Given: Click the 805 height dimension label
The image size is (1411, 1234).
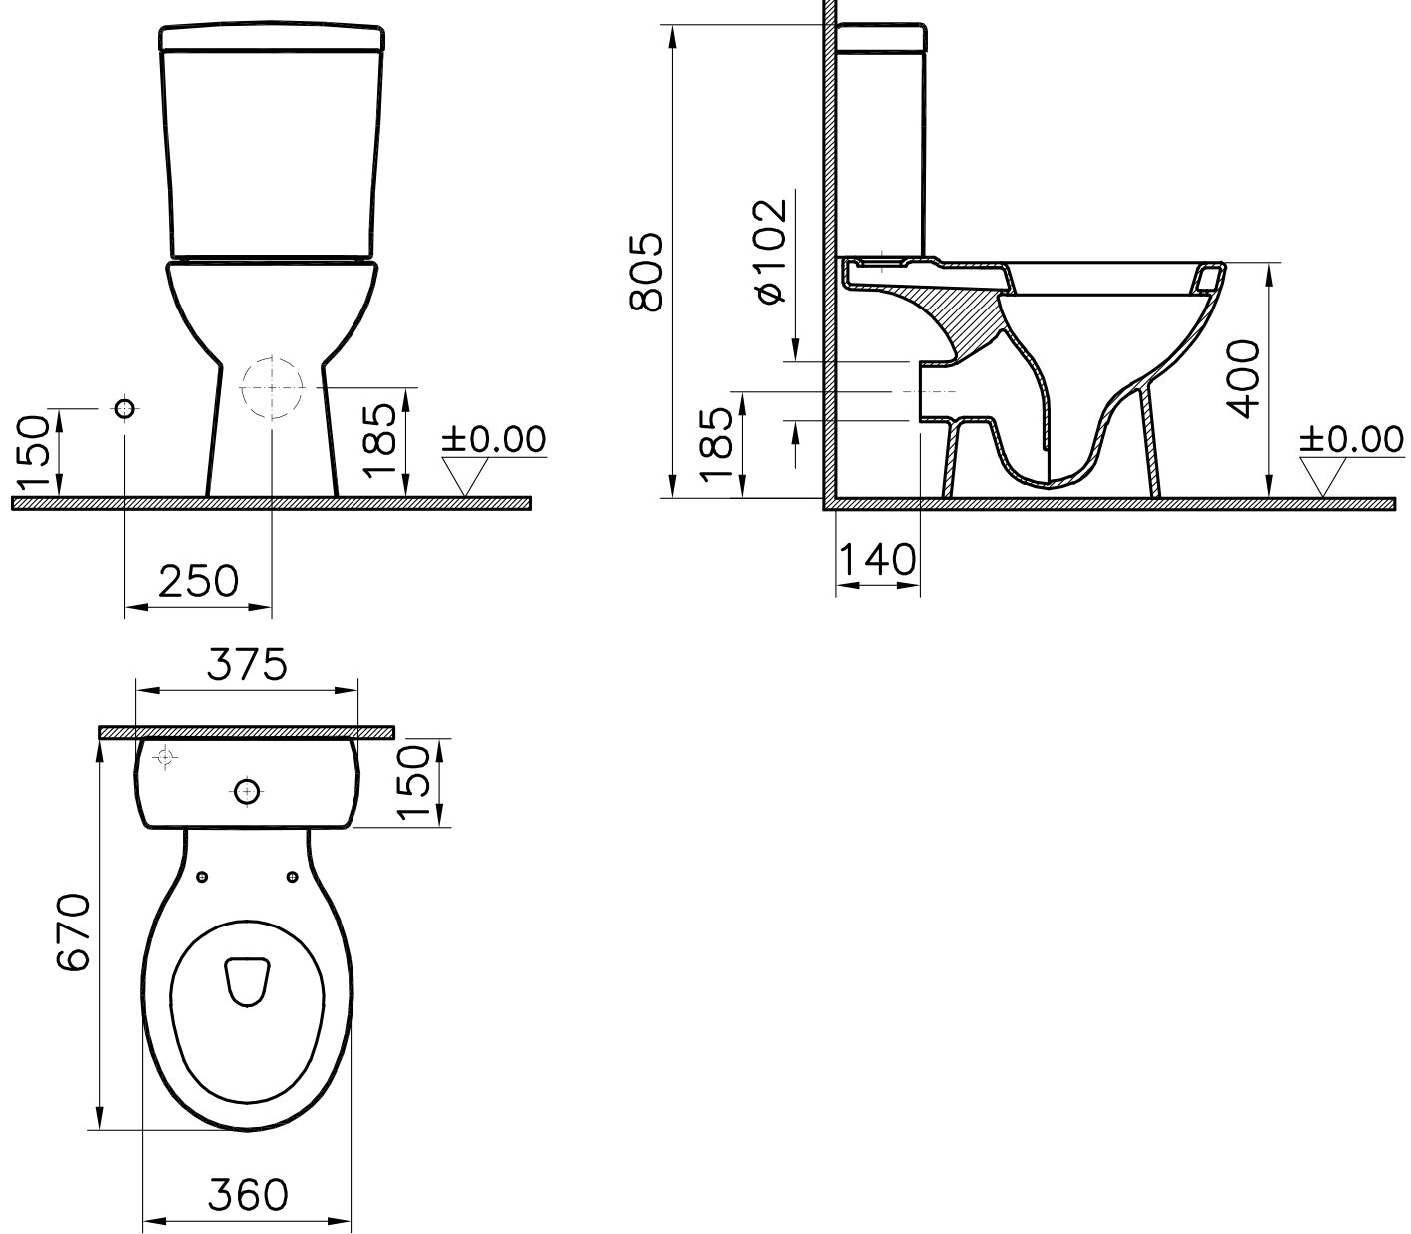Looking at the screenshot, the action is [x=647, y=272].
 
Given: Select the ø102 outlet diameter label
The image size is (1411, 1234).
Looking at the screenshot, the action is [x=771, y=251].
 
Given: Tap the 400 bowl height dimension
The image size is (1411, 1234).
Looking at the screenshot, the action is [x=1244, y=378].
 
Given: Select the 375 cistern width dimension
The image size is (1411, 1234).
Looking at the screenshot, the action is [x=247, y=664].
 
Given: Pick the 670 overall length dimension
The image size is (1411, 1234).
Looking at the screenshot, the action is [x=73, y=932].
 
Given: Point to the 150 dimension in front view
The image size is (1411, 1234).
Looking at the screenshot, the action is [x=33, y=451].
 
